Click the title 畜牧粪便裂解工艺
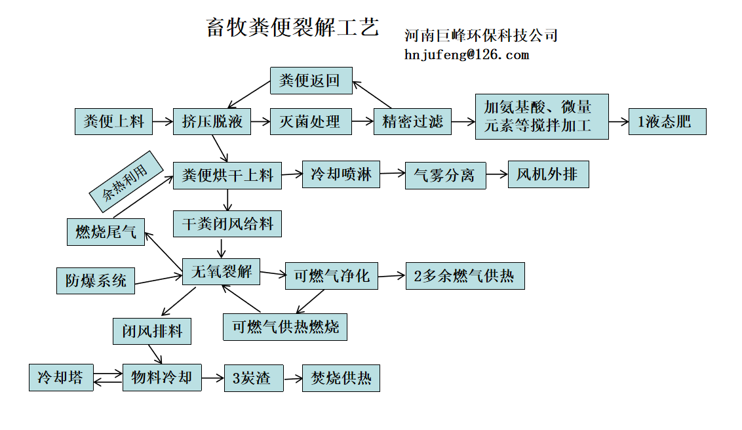click(x=292, y=27)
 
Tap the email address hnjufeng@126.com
click(x=466, y=55)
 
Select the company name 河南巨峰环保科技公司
click(x=481, y=35)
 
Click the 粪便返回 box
click(x=311, y=81)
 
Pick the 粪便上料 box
click(x=113, y=121)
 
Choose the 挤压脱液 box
click(x=212, y=121)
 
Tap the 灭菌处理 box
click(x=309, y=121)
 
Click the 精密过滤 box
click(x=412, y=121)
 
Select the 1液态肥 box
click(x=667, y=121)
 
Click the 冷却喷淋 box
click(x=341, y=174)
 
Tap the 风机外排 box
click(x=548, y=174)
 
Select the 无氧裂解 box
click(x=221, y=271)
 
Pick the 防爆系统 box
click(x=95, y=281)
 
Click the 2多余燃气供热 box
click(x=465, y=276)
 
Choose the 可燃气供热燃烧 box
click(x=285, y=326)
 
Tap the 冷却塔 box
click(x=61, y=378)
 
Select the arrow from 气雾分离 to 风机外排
click(x=497, y=174)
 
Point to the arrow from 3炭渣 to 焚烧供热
click(x=293, y=378)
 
